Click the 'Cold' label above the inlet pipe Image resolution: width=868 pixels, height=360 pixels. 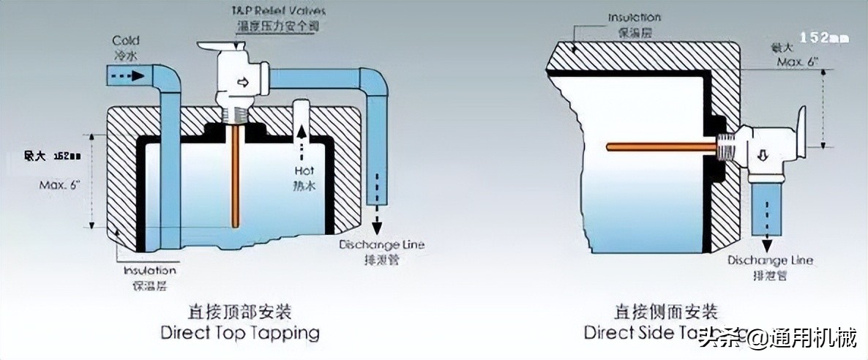point(124,40)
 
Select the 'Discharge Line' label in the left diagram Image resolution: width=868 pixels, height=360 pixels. point(381,244)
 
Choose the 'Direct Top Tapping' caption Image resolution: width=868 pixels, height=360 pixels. point(240,334)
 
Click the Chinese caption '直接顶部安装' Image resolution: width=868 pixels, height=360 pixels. point(240,312)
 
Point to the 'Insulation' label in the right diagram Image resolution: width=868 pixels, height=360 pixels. point(635,17)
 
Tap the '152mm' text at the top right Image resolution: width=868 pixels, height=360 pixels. point(823,36)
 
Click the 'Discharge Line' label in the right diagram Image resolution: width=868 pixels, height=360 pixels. point(770,260)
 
